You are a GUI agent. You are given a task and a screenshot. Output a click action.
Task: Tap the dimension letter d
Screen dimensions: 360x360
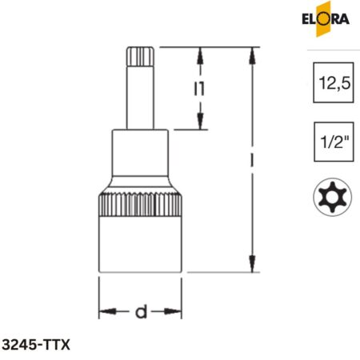point(141,312)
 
